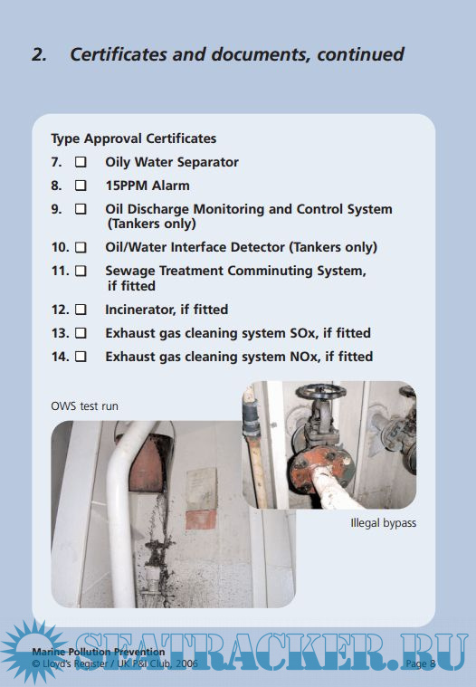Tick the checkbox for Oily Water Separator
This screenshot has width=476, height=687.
click(81, 162)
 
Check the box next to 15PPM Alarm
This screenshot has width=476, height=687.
click(81, 186)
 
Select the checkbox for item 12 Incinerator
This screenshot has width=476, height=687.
click(81, 310)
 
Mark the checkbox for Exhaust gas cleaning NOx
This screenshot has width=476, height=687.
click(81, 357)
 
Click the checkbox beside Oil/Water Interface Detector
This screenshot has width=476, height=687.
click(81, 247)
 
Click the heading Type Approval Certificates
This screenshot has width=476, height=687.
click(134, 138)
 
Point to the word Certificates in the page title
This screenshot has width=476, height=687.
click(118, 55)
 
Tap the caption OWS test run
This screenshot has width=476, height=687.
click(84, 406)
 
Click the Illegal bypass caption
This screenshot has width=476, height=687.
click(383, 523)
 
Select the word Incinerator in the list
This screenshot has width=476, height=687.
click(140, 310)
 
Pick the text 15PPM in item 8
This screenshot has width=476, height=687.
click(126, 186)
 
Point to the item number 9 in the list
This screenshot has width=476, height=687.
click(56, 209)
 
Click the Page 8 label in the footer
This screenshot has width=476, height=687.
click(420, 663)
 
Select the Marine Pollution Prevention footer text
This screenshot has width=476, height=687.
click(99, 652)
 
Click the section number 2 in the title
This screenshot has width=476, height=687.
click(40, 55)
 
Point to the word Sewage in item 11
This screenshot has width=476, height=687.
click(130, 272)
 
